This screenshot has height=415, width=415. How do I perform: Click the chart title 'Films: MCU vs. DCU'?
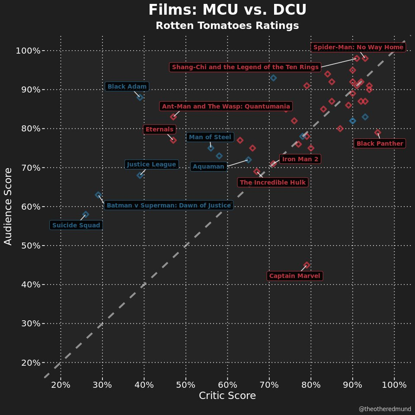click(x=227, y=10)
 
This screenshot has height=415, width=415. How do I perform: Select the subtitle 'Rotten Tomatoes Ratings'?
click(x=227, y=26)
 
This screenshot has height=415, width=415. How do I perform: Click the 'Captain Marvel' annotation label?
click(x=295, y=276)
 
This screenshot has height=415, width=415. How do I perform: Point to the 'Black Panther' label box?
click(x=380, y=144)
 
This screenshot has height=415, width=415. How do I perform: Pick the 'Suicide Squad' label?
click(x=76, y=225)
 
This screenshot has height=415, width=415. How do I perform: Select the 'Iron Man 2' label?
click(x=300, y=159)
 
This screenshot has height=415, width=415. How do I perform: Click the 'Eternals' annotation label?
click(x=160, y=129)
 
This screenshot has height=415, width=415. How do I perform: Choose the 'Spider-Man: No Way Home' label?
click(x=358, y=47)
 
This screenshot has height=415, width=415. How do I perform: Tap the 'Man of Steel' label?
click(x=210, y=137)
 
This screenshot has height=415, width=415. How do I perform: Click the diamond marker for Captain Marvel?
click(x=306, y=265)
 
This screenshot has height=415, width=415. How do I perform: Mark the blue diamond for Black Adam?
click(x=140, y=97)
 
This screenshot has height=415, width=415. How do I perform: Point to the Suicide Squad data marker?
click(x=86, y=214)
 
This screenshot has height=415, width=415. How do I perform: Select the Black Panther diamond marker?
click(x=378, y=132)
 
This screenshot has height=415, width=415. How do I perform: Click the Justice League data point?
click(x=140, y=175)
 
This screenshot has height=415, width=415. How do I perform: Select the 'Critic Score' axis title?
click(x=227, y=396)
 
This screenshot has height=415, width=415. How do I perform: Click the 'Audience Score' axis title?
click(x=8, y=206)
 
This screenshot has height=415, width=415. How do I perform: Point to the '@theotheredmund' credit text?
click(x=385, y=409)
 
